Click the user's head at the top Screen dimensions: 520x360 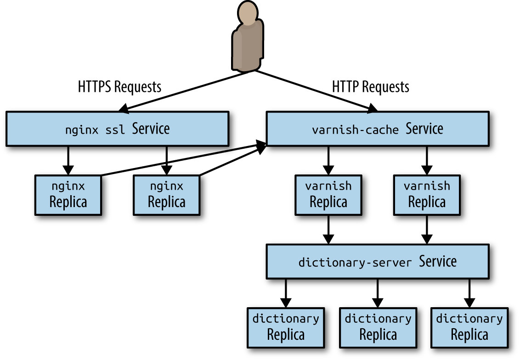click(248, 12)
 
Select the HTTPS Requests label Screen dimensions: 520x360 click(119, 87)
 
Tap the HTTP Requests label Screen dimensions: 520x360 click(370, 87)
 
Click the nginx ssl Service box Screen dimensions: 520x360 click(118, 129)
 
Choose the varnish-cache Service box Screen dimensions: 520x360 click(378, 129)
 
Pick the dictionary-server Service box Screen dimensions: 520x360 click(378, 262)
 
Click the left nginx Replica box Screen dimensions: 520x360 click(68, 195)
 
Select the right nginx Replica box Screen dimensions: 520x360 click(166, 195)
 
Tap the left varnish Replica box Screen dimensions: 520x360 click(328, 195)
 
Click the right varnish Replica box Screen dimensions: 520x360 click(427, 195)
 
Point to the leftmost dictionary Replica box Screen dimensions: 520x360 click(286, 328)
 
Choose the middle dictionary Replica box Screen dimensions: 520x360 click(378, 328)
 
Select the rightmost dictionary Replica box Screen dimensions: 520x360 click(469, 328)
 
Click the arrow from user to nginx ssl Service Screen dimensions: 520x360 click(187, 90)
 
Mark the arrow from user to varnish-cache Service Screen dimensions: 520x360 click(316, 90)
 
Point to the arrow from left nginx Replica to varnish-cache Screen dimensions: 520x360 click(184, 159)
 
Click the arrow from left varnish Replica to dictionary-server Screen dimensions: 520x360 click(328, 230)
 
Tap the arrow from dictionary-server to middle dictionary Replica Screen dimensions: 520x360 click(378, 293)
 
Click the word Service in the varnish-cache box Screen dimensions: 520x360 click(424, 129)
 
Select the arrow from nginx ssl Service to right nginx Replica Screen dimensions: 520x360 click(166, 161)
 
